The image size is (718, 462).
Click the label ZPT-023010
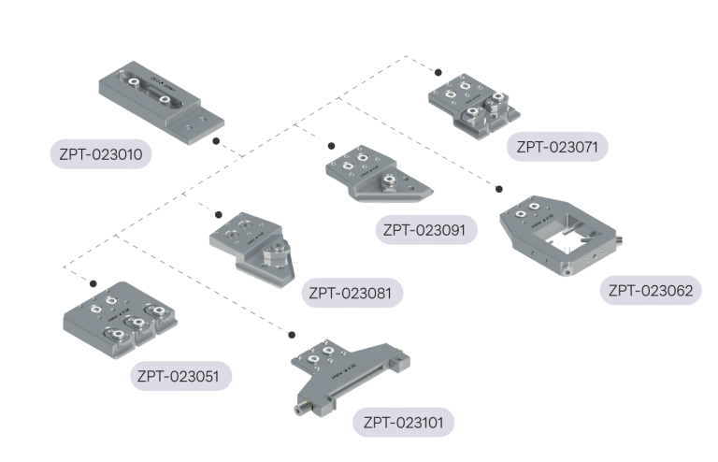coord(100,153)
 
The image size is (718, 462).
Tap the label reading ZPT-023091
coord(424,229)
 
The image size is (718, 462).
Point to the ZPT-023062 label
coord(650,290)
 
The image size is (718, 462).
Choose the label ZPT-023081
coord(352,293)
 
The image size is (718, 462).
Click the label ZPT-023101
coord(404,423)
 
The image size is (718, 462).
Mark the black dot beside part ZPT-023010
coord(216,141)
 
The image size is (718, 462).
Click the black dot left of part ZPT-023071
coord(437,71)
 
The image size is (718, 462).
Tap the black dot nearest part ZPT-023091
coord(330,145)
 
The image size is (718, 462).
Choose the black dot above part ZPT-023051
coord(93,283)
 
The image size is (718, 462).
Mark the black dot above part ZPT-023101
coord(292,334)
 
